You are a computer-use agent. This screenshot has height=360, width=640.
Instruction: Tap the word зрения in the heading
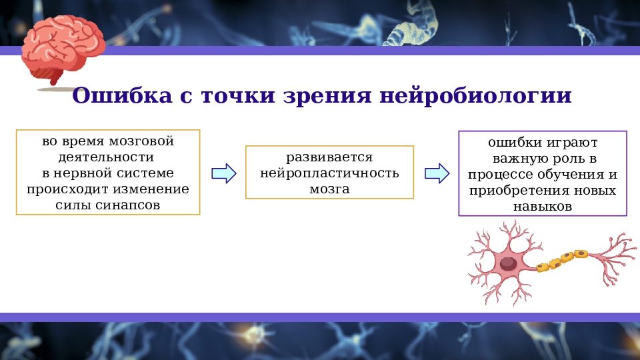coord(317,95)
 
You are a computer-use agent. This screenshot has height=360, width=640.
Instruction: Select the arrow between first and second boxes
coord(223,173)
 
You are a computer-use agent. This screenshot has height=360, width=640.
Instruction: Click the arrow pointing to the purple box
coord(437,173)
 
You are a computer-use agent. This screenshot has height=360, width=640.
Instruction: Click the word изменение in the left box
coord(156,189)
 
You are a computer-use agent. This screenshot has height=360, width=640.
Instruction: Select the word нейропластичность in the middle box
coord(329,173)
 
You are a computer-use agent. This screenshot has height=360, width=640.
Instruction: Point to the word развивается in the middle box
coord(329,158)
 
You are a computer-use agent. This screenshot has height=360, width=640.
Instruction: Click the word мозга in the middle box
coord(329,189)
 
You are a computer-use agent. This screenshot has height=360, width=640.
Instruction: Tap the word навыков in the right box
coord(542,207)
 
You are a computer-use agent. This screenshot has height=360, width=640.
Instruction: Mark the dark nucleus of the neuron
coord(508,263)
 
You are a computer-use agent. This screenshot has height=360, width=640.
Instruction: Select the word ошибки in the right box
coord(513,143)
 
